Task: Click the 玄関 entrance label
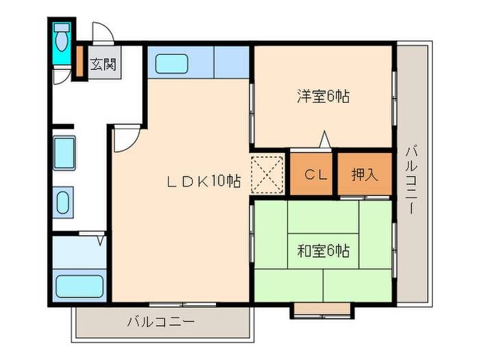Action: [x=103, y=66]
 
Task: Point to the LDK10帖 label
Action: [x=204, y=182]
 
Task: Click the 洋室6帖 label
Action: [x=323, y=97]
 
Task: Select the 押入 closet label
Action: [x=364, y=175]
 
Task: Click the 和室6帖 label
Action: [x=323, y=251]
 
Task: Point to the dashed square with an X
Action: [x=267, y=174]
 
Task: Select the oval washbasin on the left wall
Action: [x=62, y=202]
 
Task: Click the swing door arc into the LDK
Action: [x=125, y=141]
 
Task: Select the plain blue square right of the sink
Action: [x=231, y=62]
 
